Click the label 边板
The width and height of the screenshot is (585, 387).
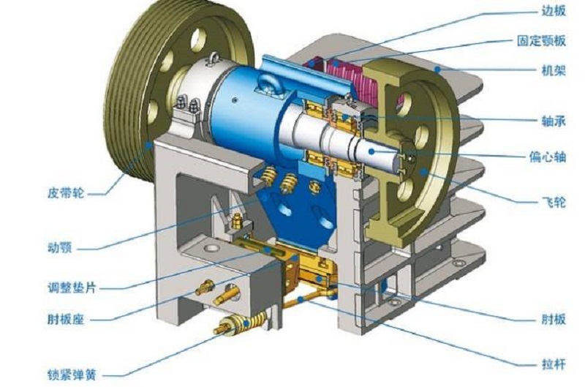point(554,11)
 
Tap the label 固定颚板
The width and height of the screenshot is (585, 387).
point(541,41)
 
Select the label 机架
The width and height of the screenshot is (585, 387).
point(554,70)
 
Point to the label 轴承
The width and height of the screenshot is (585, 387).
point(554,121)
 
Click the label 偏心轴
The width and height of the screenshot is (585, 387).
point(547,157)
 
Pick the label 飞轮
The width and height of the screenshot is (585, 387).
point(554,203)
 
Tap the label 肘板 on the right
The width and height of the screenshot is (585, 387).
point(554,320)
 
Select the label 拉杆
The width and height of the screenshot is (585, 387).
point(554,364)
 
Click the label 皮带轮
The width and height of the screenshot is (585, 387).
point(66,193)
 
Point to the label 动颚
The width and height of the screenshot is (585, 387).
point(60,248)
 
